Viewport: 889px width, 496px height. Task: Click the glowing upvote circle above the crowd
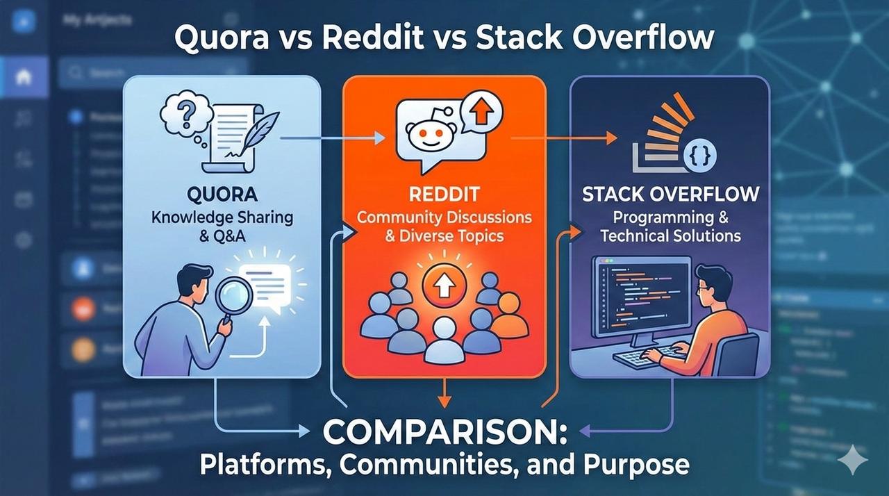coord(444,283)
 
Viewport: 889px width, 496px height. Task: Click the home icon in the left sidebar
coord(23,76)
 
